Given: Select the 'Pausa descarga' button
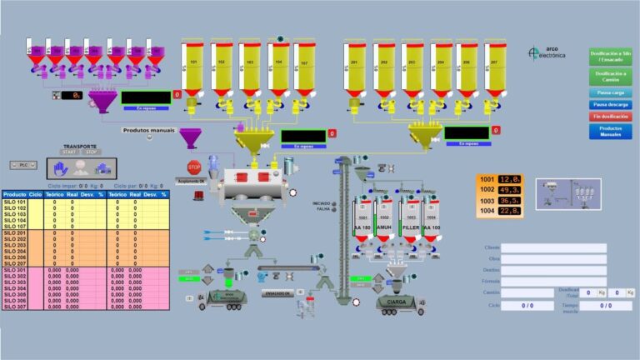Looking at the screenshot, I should (x=611, y=105).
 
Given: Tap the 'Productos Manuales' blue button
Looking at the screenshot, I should (x=611, y=131).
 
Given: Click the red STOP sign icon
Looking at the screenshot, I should (x=194, y=167).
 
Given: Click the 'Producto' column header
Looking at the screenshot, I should (x=14, y=195).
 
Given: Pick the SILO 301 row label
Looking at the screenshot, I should (x=15, y=270).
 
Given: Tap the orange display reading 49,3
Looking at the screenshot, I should (x=510, y=189).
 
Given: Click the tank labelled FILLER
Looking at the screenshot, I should (x=409, y=225).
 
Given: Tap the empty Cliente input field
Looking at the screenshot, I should (x=554, y=248).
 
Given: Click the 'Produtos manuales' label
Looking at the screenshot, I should (x=147, y=130).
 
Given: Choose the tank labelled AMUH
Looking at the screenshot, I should (x=384, y=225).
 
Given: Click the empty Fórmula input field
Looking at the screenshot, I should (x=554, y=282).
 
